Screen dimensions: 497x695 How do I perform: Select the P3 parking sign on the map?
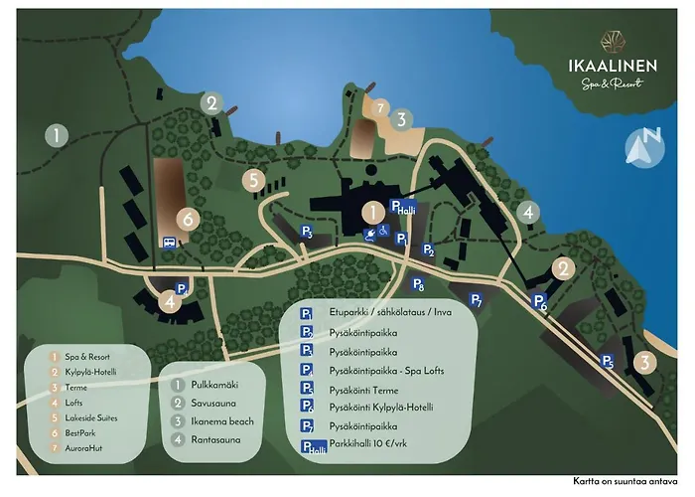coord(308,233)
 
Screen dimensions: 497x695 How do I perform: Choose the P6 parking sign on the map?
coord(540,302)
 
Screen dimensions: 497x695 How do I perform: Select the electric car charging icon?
coord(369,235)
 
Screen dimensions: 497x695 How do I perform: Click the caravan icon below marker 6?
coord(170,241)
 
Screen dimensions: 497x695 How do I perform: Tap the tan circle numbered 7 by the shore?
coord(379,107)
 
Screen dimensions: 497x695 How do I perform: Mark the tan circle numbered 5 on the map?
coord(255,181)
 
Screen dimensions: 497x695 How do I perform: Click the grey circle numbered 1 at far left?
coord(59,135)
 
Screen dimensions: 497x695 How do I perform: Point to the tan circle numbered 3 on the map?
coord(645,363)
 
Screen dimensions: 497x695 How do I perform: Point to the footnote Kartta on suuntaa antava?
coord(625,481)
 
